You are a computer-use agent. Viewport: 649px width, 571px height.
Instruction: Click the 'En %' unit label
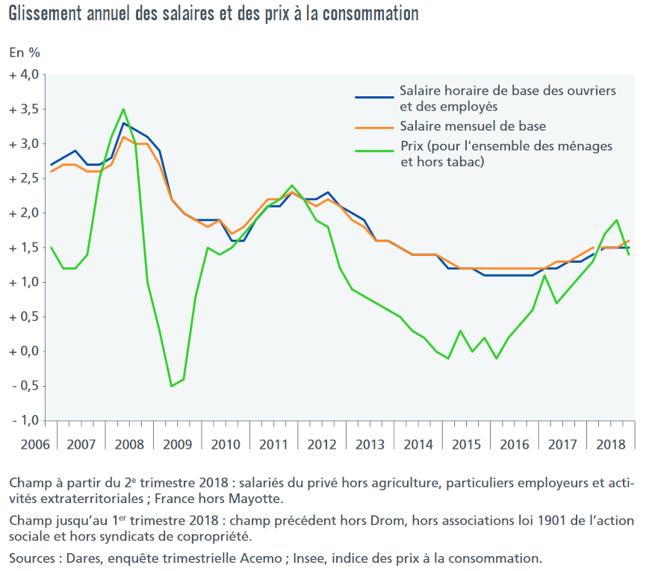(24, 52)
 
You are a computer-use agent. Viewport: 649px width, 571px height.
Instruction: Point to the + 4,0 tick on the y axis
(24, 75)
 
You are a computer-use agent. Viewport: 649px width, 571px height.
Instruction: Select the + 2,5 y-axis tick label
(24, 178)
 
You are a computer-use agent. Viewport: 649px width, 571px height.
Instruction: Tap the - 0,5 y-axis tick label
(24, 386)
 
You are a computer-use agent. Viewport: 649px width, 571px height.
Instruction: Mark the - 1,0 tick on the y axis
(24, 420)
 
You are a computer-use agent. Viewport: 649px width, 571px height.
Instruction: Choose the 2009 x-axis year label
(177, 445)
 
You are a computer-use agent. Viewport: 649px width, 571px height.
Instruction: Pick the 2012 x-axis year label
(322, 445)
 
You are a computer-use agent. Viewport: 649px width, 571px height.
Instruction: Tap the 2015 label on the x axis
(467, 445)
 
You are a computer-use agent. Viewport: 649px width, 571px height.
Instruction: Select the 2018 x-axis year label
(612, 445)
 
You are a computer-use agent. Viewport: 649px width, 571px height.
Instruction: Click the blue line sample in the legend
(373, 97)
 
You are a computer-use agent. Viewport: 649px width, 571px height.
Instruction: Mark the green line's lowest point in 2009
(172, 386)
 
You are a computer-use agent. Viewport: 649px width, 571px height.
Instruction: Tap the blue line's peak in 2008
(123, 123)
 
